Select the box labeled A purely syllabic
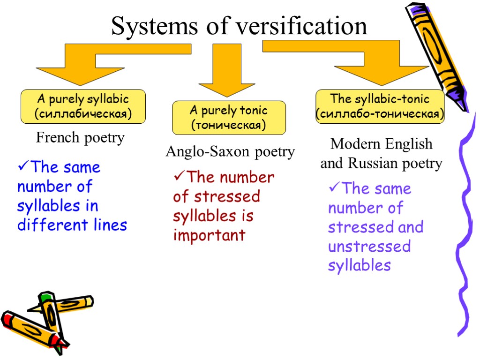tap(82, 106)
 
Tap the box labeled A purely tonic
tap(229, 118)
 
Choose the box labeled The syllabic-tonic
tap(380, 106)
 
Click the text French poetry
tap(80, 138)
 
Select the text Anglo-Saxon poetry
tap(230, 151)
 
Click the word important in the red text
tap(209, 235)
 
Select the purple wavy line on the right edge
tap(464, 225)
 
